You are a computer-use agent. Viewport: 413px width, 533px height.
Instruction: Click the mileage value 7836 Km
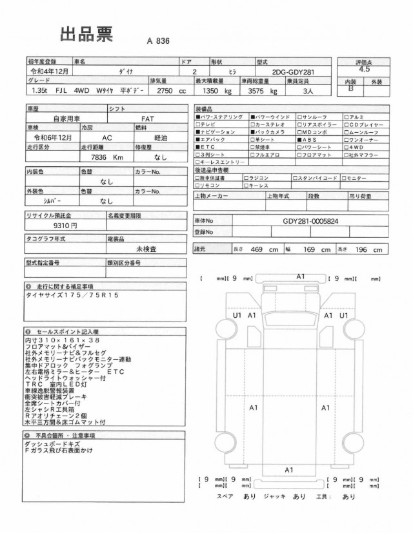[x=108, y=156]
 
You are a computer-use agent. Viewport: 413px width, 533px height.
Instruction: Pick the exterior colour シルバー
[x=50, y=200]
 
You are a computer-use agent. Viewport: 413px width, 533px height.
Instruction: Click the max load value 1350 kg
[x=209, y=92]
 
